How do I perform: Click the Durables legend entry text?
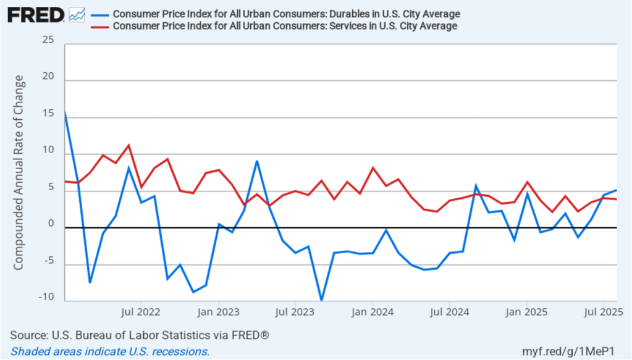click(287, 14)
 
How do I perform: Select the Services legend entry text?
click(285, 26)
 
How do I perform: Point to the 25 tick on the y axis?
click(48, 41)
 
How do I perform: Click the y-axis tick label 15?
click(48, 114)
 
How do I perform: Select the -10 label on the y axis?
click(46, 297)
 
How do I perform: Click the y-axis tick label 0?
click(51, 224)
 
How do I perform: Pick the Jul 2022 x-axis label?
click(141, 311)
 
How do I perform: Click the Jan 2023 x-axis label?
click(219, 311)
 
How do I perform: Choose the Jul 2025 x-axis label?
click(602, 311)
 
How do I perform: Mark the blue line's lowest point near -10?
click(321, 300)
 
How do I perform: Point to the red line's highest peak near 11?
click(129, 146)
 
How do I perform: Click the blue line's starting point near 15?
click(65, 113)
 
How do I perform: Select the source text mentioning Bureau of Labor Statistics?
click(140, 335)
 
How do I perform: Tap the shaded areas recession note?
click(111, 351)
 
